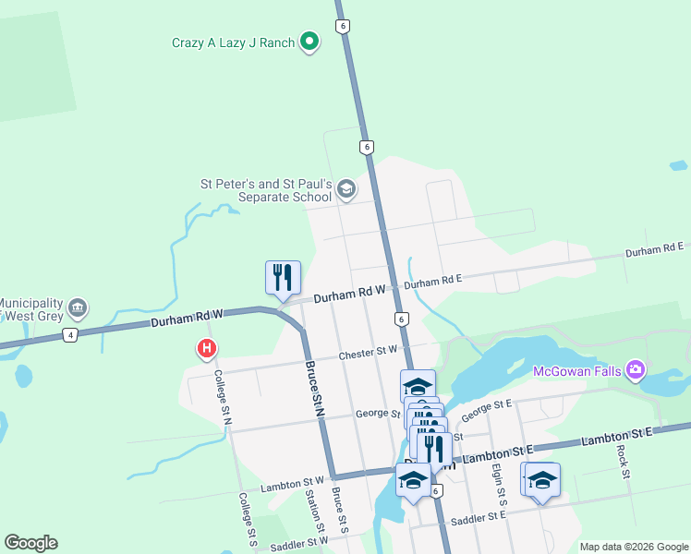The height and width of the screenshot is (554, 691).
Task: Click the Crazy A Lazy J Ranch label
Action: tap(233, 42)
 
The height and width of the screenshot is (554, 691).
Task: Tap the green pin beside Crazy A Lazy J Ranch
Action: tap(309, 42)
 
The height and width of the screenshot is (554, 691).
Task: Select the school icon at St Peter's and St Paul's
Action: tap(345, 190)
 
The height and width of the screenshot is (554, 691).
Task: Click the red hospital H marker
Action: tap(208, 349)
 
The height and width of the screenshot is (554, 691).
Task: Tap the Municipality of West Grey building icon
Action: tap(78, 307)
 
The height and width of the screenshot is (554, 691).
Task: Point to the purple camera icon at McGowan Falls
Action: tap(635, 371)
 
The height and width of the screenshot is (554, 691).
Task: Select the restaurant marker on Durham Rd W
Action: tap(283, 277)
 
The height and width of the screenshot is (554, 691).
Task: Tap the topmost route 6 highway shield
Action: tap(343, 26)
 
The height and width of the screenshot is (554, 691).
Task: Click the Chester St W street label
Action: tap(368, 352)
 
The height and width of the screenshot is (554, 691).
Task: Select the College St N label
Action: tap(222, 398)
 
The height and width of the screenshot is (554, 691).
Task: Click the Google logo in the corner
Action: tap(30, 543)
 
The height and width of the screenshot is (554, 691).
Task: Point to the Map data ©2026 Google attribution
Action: tap(633, 547)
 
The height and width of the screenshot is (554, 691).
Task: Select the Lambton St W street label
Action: tap(293, 483)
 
